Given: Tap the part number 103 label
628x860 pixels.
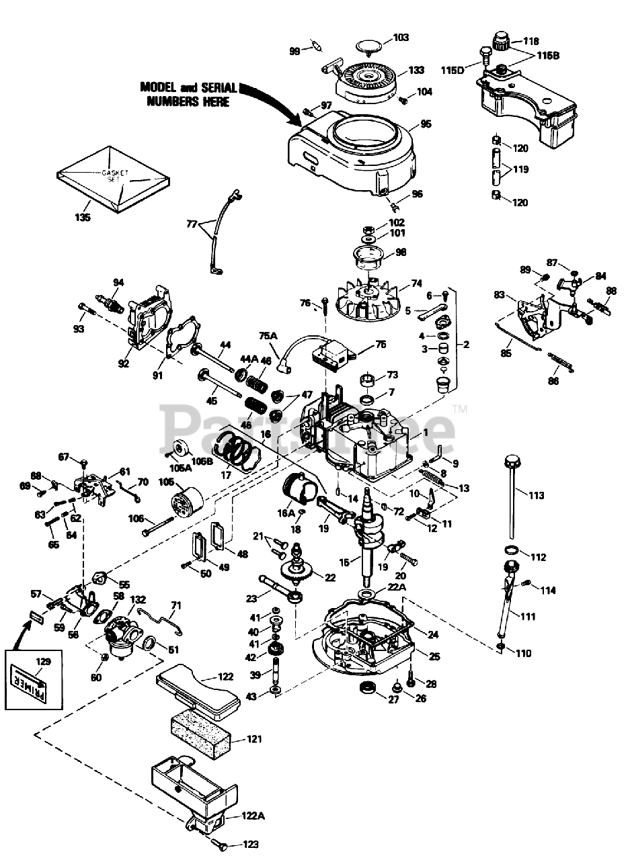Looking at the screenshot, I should pos(401,38).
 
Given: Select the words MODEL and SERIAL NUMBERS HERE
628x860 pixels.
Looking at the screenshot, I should pos(188,94).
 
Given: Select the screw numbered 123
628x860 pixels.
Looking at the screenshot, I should pos(218,842).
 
